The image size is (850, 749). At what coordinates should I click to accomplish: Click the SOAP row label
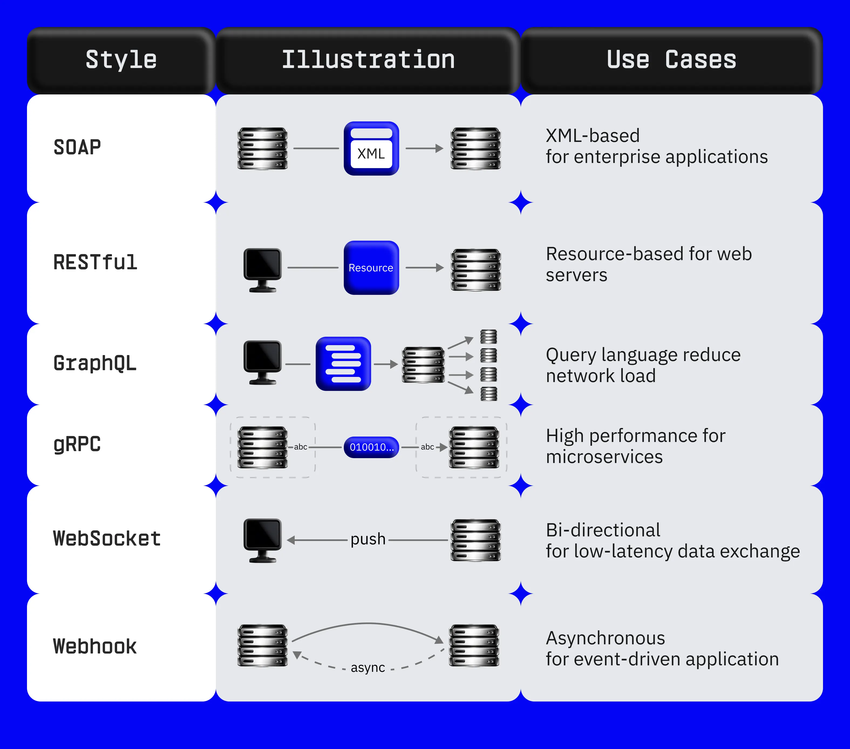click(x=77, y=147)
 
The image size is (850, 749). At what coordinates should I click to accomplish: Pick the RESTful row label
click(x=95, y=263)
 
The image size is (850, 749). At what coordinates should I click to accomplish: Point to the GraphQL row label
click(x=95, y=363)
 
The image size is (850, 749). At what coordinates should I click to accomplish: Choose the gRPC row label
click(x=77, y=444)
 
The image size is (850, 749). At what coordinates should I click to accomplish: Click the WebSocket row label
click(x=107, y=539)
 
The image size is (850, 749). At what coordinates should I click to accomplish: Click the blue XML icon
click(x=371, y=148)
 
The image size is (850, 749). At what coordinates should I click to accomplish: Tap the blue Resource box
click(x=371, y=268)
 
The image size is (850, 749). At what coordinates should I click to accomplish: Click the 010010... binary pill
click(x=371, y=447)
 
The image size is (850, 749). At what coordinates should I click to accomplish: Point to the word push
click(x=368, y=539)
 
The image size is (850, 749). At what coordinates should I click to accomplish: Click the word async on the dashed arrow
click(x=368, y=668)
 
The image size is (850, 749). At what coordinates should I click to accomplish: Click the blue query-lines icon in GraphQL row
click(x=343, y=363)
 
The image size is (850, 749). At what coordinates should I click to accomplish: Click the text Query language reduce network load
click(x=643, y=365)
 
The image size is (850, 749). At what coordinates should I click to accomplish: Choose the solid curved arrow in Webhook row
click(x=368, y=624)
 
